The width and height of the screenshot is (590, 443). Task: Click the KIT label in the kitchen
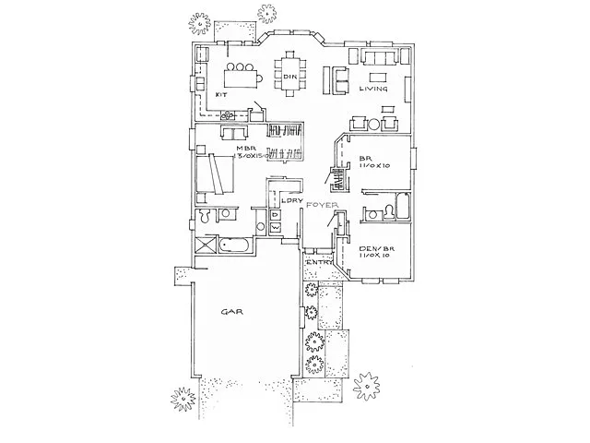[221, 94]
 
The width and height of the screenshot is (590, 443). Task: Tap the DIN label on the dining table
[288, 76]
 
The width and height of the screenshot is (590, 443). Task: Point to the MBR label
[244, 149]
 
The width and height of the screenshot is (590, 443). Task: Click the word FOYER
[322, 203]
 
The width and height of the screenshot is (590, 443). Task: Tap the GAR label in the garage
[230, 312]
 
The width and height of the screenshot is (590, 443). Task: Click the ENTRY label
[320, 262]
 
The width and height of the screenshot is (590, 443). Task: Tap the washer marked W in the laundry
[277, 225]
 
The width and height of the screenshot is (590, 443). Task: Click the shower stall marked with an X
[203, 246]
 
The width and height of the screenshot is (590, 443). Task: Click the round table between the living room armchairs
[373, 124]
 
